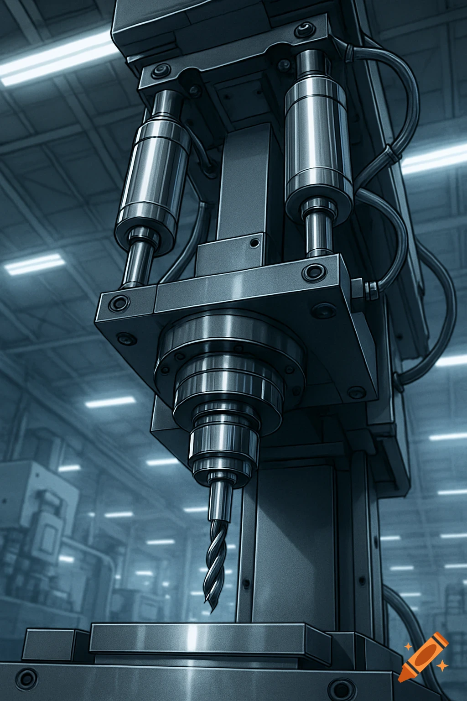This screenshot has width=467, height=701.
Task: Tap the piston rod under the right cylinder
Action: point(319,233)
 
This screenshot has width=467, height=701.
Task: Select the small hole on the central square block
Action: point(254,243)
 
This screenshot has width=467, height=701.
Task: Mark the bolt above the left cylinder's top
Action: point(161,72)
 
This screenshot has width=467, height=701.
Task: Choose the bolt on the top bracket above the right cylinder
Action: point(302,31)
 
